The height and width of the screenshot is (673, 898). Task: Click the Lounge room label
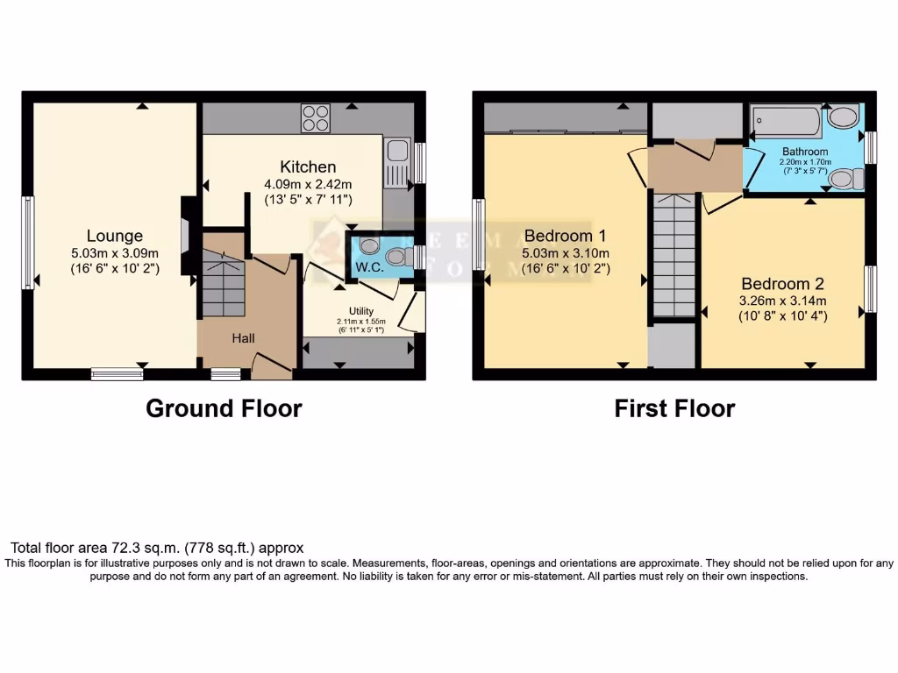coord(114,236)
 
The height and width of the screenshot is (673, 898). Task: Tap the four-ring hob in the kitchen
coord(316,118)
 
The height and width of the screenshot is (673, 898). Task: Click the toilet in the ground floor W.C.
coord(399,257)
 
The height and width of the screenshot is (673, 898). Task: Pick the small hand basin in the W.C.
coord(368,245)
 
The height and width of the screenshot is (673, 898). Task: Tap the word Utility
coord(360,311)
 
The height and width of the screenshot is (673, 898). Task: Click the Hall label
coord(244,337)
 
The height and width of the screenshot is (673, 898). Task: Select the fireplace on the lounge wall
coord(186,235)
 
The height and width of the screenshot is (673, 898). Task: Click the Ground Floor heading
coord(224,408)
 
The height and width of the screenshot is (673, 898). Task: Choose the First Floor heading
coord(674,408)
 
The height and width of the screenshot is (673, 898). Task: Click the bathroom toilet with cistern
coord(844,179)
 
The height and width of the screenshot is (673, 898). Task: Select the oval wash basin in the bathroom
coord(844,117)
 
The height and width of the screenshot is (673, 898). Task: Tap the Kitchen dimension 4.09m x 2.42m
coord(308,184)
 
